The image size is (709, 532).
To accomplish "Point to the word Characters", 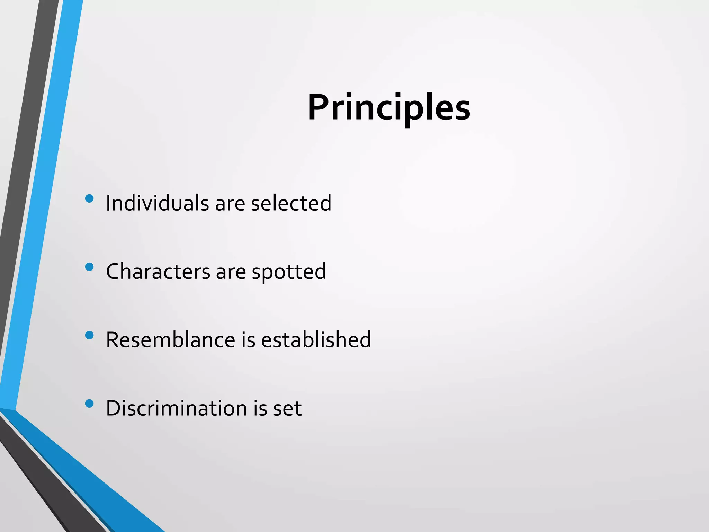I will [x=158, y=271].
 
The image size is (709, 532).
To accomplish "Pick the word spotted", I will [x=289, y=272].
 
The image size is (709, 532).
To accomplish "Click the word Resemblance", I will [x=170, y=339].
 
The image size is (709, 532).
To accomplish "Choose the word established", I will [x=316, y=339].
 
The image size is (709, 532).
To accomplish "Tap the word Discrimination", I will [x=176, y=408].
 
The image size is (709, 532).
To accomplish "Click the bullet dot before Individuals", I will [x=89, y=198].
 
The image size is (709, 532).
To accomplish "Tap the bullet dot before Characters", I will [x=89, y=267].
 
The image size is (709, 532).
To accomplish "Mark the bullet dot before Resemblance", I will [x=89, y=335].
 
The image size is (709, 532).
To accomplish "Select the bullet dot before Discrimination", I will [x=89, y=404].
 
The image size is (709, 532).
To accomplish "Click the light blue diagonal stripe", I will [x=42, y=208].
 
